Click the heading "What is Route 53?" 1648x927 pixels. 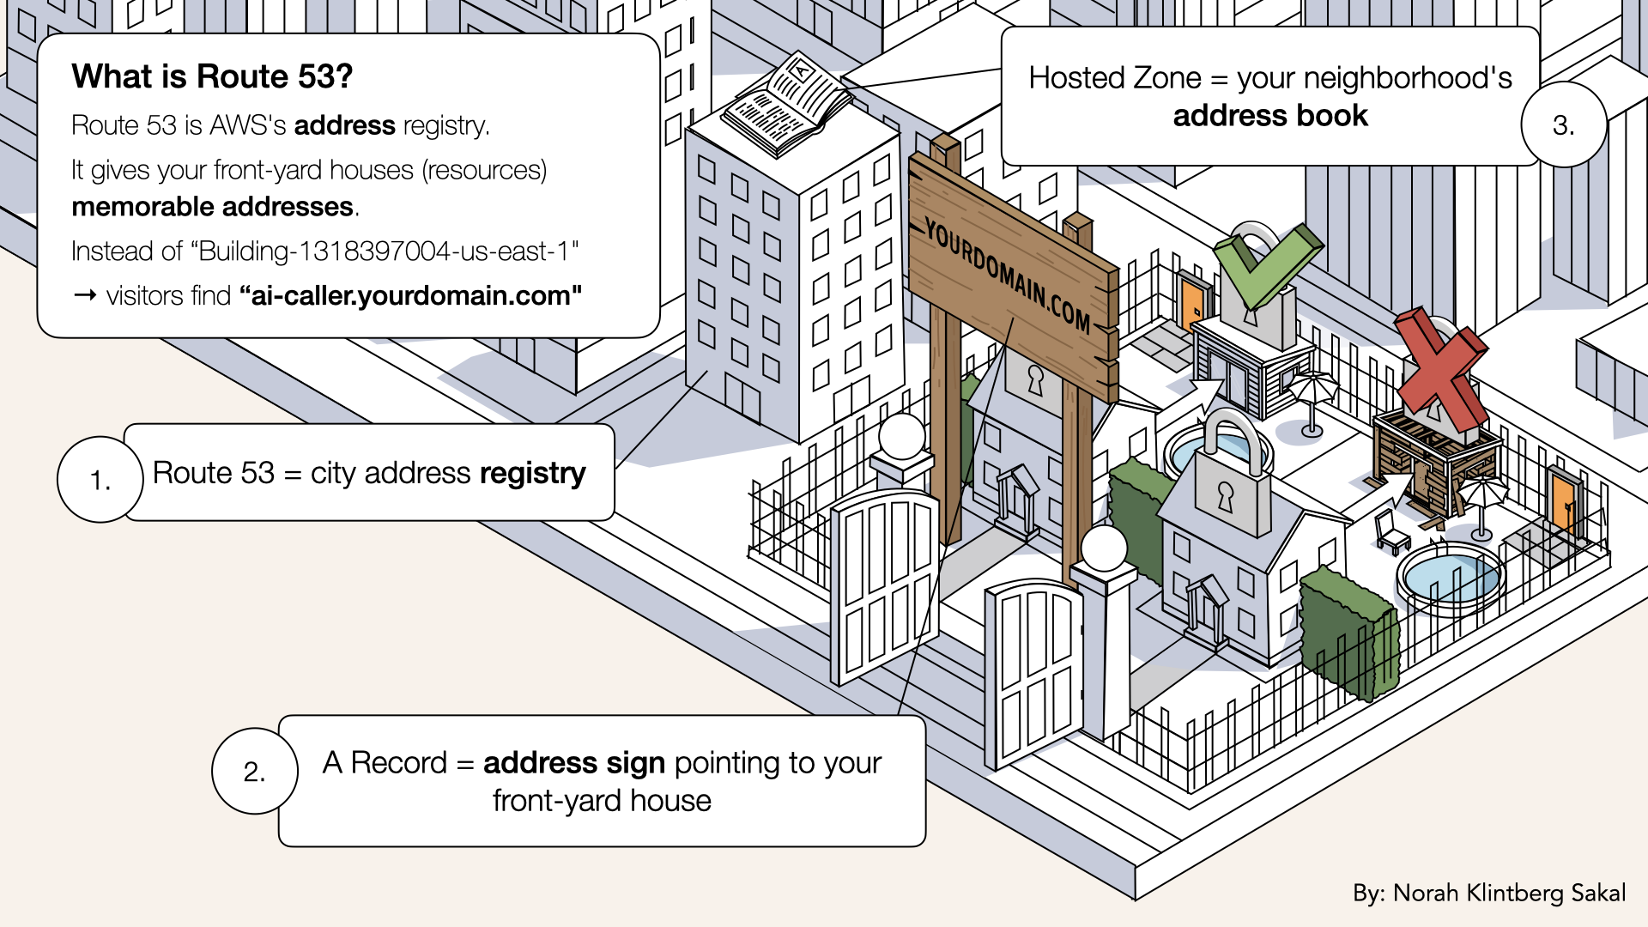coord(212,76)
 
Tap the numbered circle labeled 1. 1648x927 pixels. coord(100,479)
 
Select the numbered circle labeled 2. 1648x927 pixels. coord(254,771)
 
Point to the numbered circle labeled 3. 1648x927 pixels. coord(1563,125)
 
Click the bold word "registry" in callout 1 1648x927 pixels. coord(532,473)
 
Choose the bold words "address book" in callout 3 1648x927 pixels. coord(1270,116)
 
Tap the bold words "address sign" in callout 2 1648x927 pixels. coord(573,763)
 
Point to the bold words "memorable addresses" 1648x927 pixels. coord(212,207)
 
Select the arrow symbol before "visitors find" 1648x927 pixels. coord(84,296)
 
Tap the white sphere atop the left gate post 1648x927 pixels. coord(901,436)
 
